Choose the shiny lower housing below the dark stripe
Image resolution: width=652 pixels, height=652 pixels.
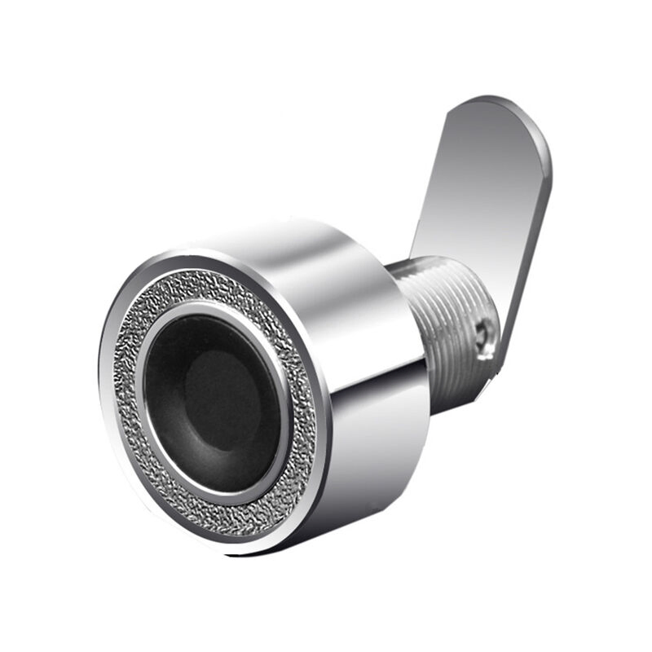[x=375, y=456]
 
